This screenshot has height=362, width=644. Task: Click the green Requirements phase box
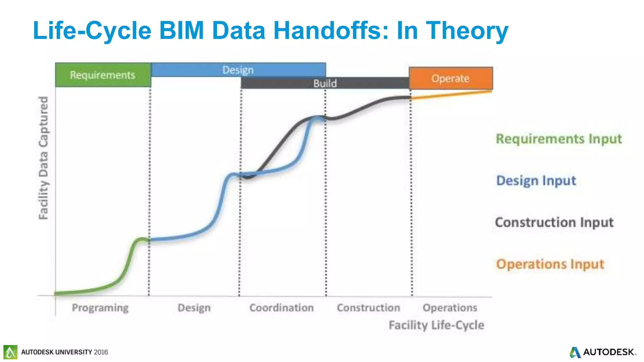coord(103,75)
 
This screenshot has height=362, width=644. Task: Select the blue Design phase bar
coord(238,69)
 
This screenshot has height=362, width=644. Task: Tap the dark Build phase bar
coord(325,83)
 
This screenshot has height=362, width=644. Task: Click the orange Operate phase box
coord(450,78)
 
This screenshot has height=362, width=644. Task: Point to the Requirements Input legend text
coord(558,139)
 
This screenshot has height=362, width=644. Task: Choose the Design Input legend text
coord(536,181)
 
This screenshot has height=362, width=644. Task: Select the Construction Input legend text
coord(554,222)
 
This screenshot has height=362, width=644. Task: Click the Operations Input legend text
coord(550,264)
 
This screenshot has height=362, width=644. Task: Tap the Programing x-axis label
coord(100,308)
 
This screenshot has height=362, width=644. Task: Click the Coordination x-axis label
coord(281,308)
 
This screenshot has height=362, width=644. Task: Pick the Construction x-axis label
coord(368,308)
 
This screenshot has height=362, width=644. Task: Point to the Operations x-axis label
coord(450,308)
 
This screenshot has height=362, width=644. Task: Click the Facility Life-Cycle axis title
coord(436,325)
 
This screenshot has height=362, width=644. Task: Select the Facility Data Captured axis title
coord(43,158)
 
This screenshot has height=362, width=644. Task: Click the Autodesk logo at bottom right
coord(602,352)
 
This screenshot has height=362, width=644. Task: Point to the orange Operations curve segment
coord(451,95)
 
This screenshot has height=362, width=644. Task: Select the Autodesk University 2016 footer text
coord(64,352)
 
